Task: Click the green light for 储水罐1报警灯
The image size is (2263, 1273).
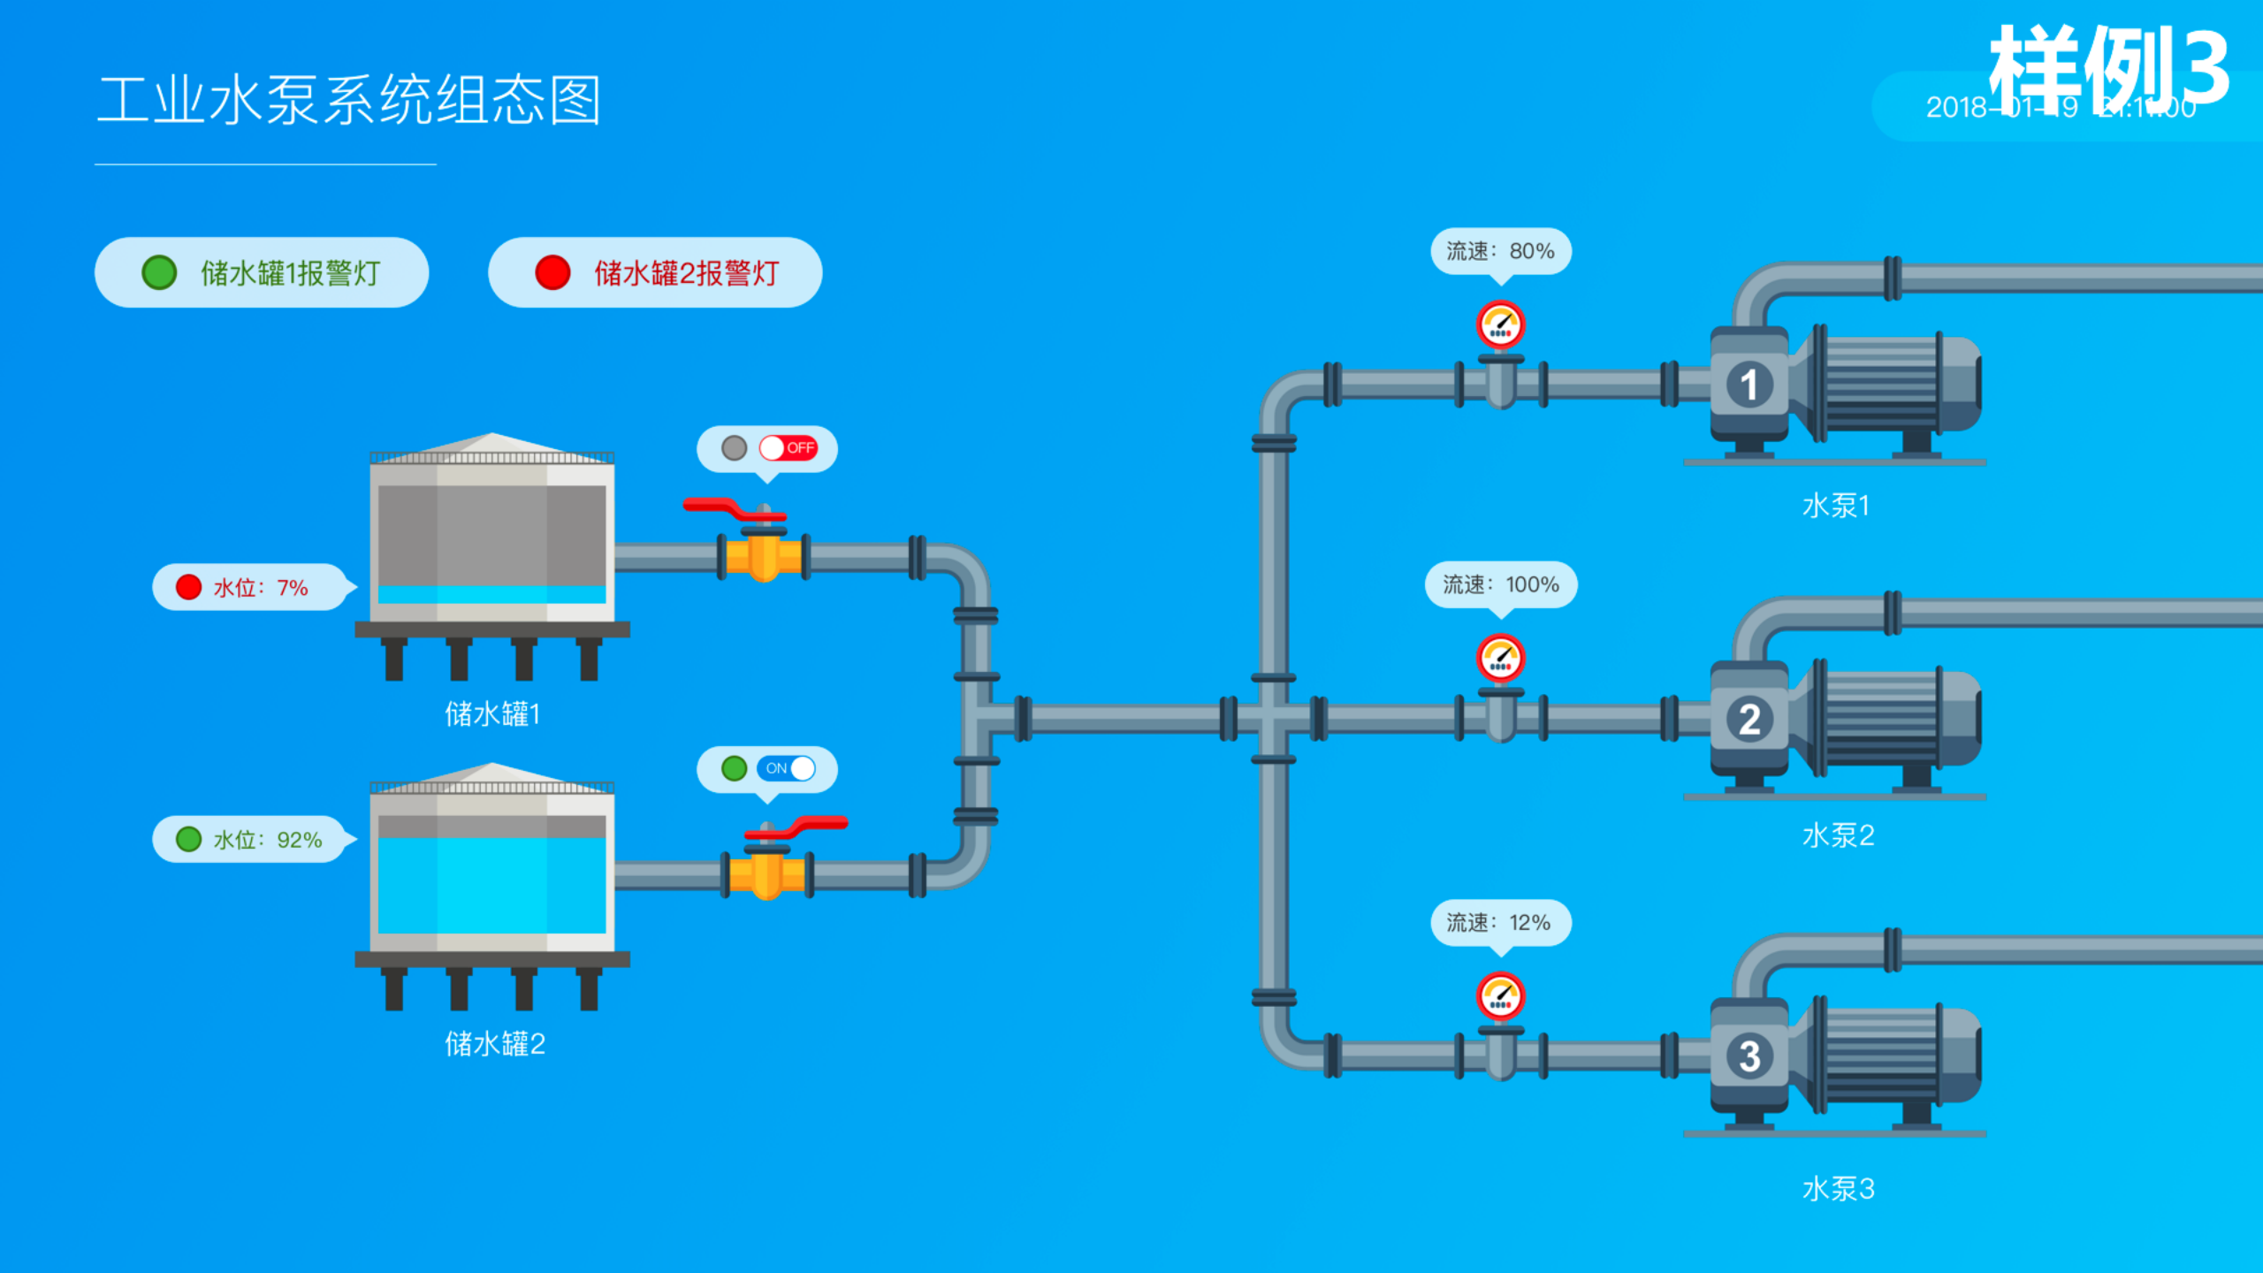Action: pos(159,272)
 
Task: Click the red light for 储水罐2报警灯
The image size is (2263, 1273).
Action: pos(552,272)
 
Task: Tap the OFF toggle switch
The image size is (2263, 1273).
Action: pos(788,448)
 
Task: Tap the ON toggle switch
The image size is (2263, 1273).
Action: pos(786,768)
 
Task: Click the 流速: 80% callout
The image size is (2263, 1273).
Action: pos(1500,251)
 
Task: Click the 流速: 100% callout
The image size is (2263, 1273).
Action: pos(1500,584)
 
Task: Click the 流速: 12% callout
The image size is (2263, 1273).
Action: pos(1500,923)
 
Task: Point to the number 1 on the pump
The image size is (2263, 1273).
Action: pos(1749,385)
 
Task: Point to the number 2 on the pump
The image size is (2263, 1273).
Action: pos(1749,719)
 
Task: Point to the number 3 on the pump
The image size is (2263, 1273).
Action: pos(1749,1056)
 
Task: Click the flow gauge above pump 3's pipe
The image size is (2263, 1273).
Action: pos(1500,995)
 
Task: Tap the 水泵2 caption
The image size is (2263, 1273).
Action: pos(1838,835)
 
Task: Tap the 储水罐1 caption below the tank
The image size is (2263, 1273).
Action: pos(491,713)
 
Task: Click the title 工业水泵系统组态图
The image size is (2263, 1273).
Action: pos(349,100)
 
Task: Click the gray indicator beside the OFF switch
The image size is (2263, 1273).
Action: pos(734,448)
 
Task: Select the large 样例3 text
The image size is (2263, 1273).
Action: pos(2108,66)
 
